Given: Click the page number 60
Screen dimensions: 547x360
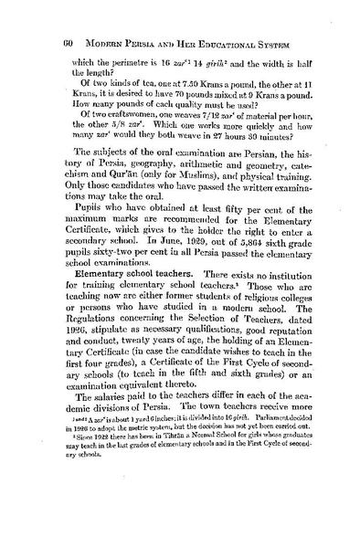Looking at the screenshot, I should point(43,19).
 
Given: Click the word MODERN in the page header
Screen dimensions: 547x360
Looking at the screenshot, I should point(86,19).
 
